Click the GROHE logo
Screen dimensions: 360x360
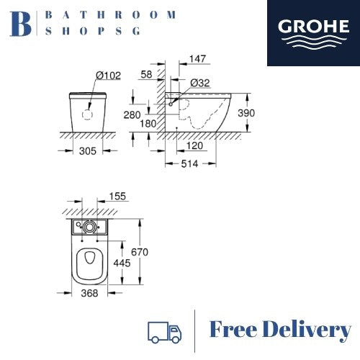313,33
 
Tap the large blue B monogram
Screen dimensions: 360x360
21,24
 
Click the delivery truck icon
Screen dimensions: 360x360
165,332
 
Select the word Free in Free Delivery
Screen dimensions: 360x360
233,329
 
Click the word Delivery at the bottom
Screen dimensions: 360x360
307,330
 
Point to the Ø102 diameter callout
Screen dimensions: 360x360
108,76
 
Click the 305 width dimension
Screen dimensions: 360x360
88,151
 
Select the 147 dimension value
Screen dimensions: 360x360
197,59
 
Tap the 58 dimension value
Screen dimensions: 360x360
146,74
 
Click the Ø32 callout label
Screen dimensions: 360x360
200,83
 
